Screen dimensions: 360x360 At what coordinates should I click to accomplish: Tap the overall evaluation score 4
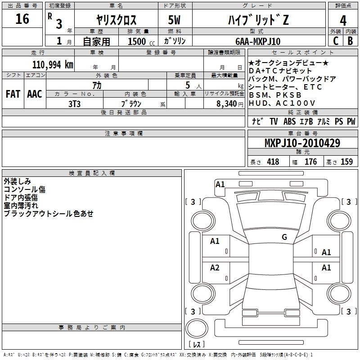point(343,21)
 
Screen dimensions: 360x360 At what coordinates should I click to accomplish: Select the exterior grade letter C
point(335,41)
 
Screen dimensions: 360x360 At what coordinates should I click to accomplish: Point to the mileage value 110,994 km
point(53,64)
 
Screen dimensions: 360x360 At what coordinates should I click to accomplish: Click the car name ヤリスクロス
point(117,20)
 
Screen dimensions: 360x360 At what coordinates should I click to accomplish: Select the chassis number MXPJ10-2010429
point(302,143)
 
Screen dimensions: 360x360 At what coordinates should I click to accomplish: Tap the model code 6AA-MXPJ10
point(258,41)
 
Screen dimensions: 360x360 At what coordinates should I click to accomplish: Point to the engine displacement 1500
point(137,41)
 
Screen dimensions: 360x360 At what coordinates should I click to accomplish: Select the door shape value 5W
point(175,20)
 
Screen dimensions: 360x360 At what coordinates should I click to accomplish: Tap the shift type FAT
point(13,94)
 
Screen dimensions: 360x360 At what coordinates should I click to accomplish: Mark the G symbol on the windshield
point(284,237)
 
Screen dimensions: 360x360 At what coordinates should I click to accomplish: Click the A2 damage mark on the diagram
point(215,268)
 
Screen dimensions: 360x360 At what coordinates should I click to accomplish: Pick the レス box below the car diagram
point(196,345)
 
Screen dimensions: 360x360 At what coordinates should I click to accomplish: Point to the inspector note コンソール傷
point(24,189)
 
